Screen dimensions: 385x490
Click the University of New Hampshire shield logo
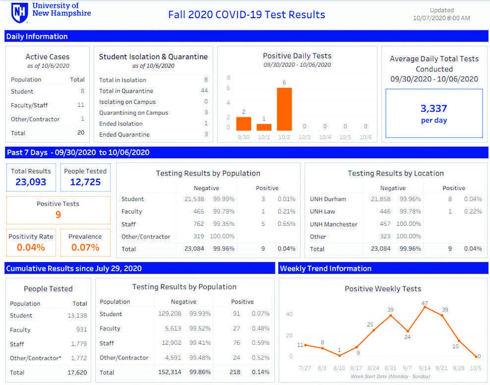point(20,13)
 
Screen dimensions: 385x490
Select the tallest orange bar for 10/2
point(284,109)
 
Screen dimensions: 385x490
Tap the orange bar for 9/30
point(244,123)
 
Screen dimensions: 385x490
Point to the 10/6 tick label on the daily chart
point(366,137)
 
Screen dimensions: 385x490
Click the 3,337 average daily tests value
point(434,108)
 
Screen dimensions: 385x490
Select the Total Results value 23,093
point(31,182)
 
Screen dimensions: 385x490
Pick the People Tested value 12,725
point(85,182)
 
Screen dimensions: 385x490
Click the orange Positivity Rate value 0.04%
point(31,247)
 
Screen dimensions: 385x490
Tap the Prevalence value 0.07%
point(85,247)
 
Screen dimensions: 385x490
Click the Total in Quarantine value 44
point(204,91)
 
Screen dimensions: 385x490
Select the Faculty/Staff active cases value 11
point(81,105)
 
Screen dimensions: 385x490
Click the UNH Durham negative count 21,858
point(381,199)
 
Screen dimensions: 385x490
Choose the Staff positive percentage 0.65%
point(286,224)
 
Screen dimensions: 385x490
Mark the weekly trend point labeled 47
point(425,307)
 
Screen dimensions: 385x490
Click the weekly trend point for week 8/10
point(339,355)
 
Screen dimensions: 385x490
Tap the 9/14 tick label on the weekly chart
point(425,368)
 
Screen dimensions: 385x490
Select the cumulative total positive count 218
point(235,372)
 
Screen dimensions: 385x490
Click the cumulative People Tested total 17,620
point(77,373)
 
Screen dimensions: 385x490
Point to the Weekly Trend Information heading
point(326,268)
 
